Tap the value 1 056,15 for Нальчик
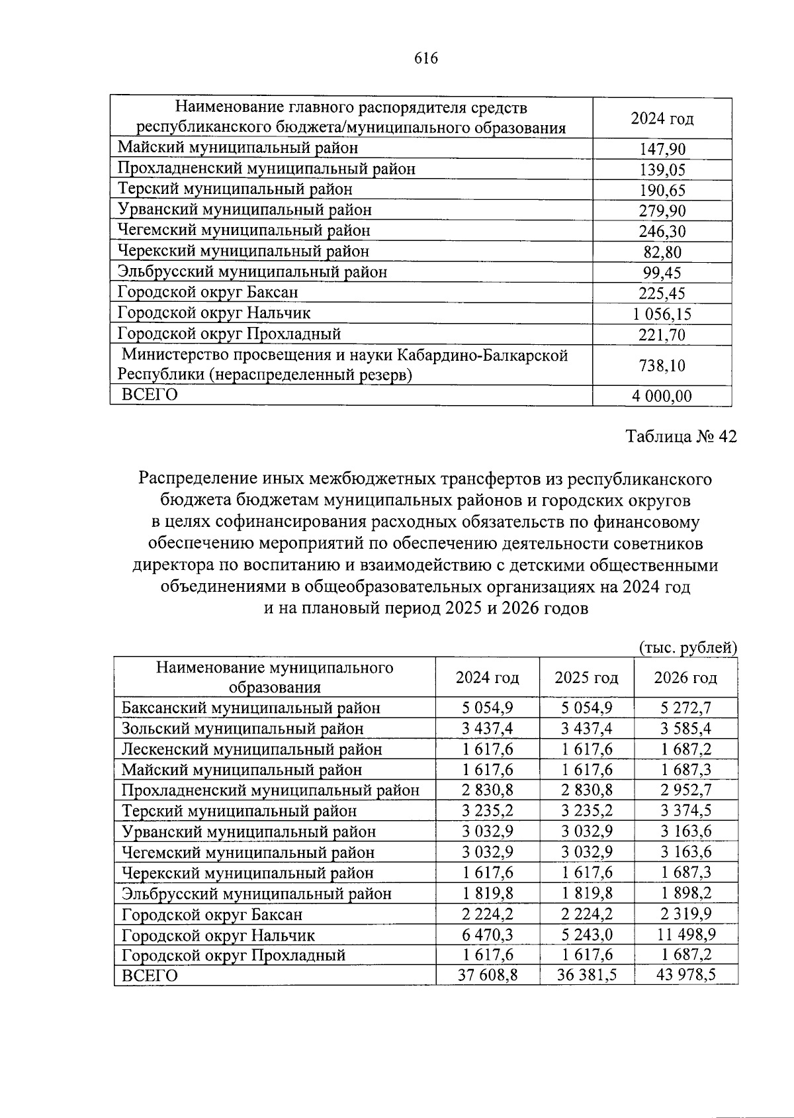click(x=662, y=314)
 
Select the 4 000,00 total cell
click(x=662, y=396)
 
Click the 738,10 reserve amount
click(x=662, y=365)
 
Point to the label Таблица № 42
click(x=681, y=437)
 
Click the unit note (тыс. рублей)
click(x=687, y=647)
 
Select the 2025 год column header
click(x=586, y=678)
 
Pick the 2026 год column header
click(x=685, y=678)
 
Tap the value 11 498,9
click(x=685, y=935)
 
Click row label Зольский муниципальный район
click(x=243, y=729)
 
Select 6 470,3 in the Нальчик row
click(x=488, y=935)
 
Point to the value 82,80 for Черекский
click(x=662, y=252)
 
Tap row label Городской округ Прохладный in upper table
click(x=229, y=334)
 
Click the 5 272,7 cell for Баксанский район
click(x=685, y=708)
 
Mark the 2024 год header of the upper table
click(x=662, y=119)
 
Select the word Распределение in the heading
click(x=195, y=478)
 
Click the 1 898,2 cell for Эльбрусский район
click(x=685, y=894)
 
